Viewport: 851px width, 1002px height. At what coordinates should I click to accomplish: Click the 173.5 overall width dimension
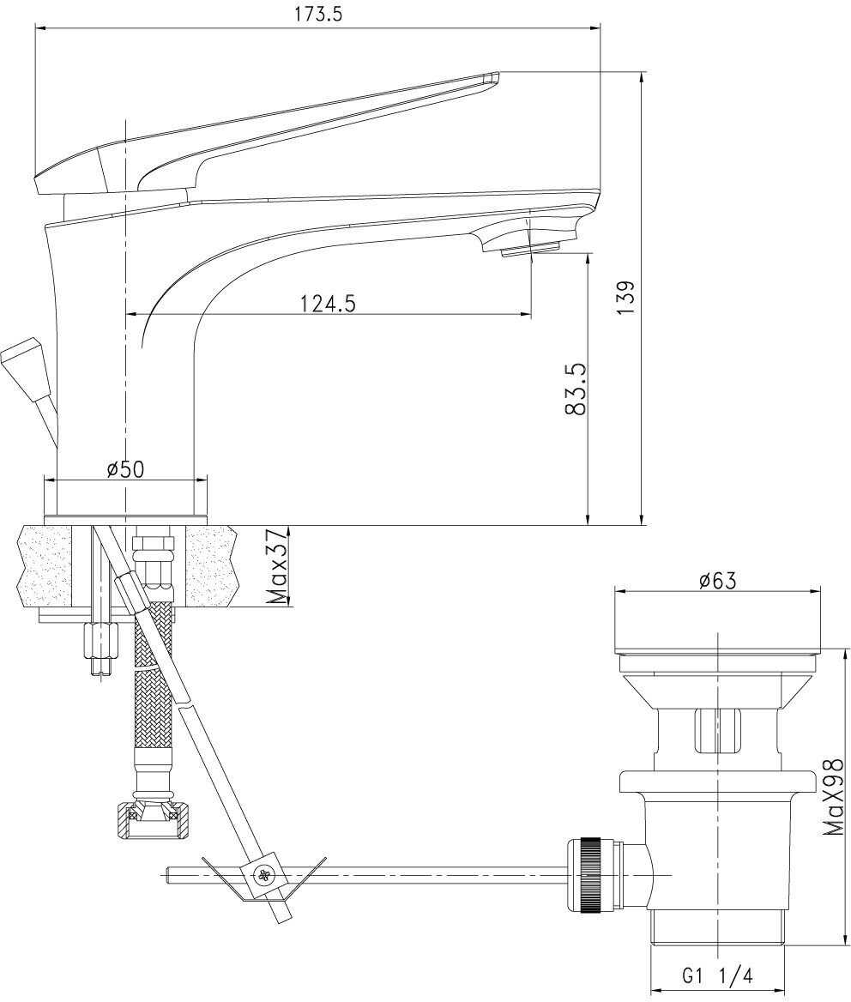point(318,14)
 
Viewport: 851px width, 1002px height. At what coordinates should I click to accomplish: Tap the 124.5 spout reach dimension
point(328,303)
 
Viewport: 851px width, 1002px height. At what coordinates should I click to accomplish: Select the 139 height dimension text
point(626,297)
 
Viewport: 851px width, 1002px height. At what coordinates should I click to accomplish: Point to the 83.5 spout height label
point(576,389)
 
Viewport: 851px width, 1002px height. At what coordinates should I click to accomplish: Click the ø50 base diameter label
point(126,468)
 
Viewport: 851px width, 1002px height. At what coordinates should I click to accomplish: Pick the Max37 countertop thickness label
point(277,565)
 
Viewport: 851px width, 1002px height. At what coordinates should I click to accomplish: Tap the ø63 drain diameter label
point(717,580)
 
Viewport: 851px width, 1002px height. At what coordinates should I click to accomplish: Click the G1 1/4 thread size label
point(718,975)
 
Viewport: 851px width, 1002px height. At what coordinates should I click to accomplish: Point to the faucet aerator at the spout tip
point(531,250)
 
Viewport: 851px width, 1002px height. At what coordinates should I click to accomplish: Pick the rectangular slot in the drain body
point(717,730)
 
